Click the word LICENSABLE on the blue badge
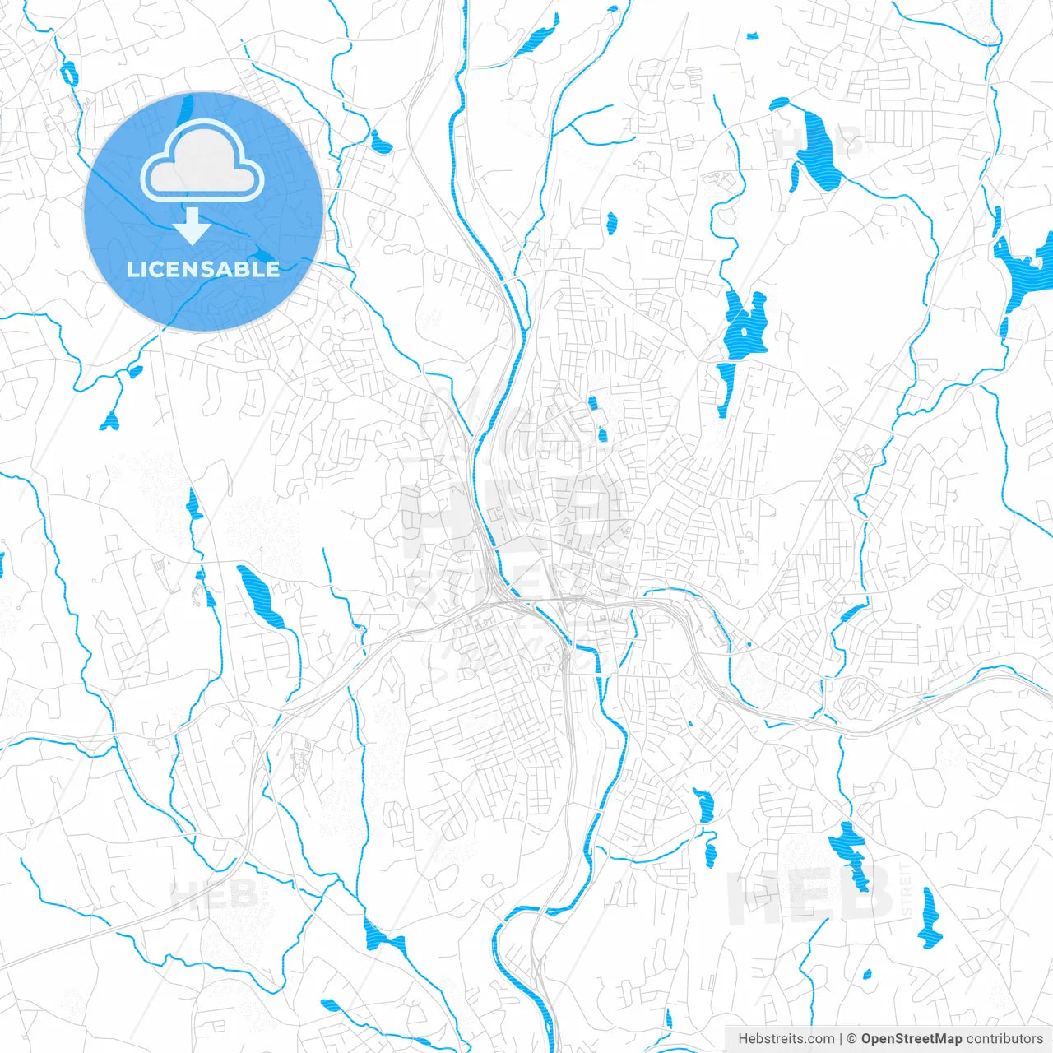(203, 269)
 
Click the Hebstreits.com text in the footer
(786, 1039)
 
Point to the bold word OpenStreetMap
(912, 1039)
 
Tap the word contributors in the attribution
(1004, 1039)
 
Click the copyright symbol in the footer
(852, 1039)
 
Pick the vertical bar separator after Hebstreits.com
(841, 1039)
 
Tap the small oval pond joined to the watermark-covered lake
(778, 104)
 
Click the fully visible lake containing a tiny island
(745, 327)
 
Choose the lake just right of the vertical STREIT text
(930, 917)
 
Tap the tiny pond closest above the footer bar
(867, 975)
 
